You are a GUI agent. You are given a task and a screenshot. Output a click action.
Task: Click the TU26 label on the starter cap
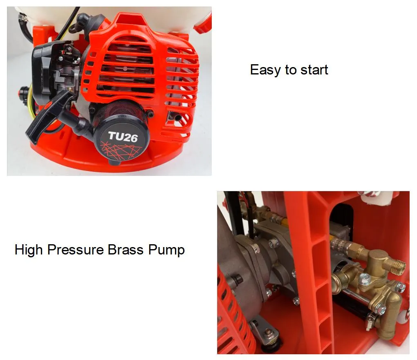pos(123,137)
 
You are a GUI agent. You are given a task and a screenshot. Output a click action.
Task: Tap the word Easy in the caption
pos(265,70)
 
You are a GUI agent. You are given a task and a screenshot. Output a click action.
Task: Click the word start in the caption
pos(314,70)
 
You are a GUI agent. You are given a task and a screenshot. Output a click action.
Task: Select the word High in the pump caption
pos(29,250)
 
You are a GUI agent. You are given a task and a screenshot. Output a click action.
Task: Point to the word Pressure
pos(76,250)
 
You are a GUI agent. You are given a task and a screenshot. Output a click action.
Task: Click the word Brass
pos(126,250)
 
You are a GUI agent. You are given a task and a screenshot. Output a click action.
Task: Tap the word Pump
pos(166,250)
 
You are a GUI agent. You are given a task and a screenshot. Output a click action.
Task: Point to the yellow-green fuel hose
pos(30,102)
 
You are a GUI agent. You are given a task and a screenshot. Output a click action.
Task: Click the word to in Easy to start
pos(291,70)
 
